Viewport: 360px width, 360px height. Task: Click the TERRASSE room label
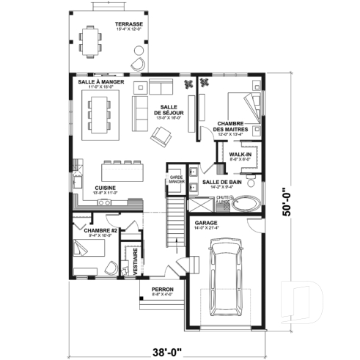pyautogui.click(x=128, y=24)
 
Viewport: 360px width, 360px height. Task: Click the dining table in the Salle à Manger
pyautogui.click(x=101, y=116)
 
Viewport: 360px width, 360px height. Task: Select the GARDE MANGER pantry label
pyautogui.click(x=176, y=178)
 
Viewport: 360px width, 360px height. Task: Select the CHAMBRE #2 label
pyautogui.click(x=96, y=231)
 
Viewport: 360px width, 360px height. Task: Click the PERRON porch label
pyautogui.click(x=162, y=290)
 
